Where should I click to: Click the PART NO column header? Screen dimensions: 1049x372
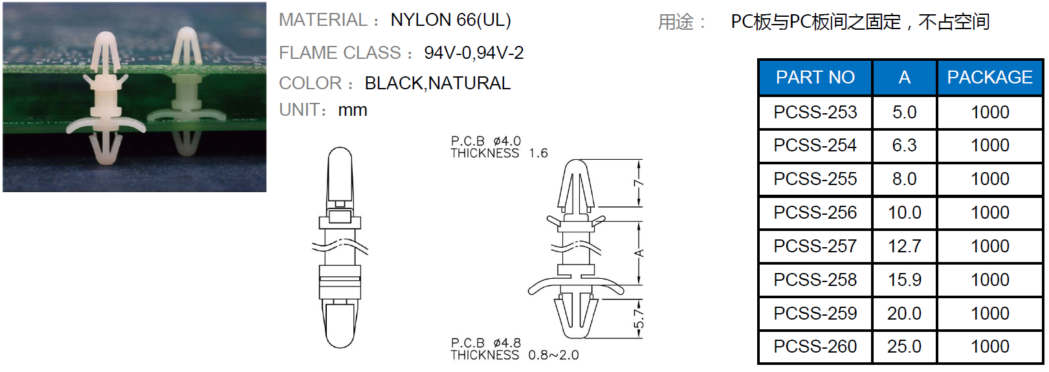[815, 77]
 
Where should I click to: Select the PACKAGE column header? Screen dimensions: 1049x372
[989, 77]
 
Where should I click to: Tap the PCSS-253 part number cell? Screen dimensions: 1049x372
[815, 113]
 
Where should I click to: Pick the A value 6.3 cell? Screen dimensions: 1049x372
[904, 146]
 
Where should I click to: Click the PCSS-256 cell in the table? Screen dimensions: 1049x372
[815, 212]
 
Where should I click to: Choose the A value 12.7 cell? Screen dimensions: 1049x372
[904, 246]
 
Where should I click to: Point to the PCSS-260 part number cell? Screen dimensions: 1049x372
[815, 347]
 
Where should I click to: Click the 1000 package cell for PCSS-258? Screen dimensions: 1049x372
[989, 280]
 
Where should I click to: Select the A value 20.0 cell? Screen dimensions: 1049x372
[904, 314]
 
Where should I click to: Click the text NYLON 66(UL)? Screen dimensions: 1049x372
[450, 20]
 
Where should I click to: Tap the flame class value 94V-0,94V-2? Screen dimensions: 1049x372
[474, 53]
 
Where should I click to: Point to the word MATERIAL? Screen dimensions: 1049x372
[323, 20]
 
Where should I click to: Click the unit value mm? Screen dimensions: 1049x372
[353, 111]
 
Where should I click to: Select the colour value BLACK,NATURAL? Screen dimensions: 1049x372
[437, 83]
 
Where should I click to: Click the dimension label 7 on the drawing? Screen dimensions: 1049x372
[639, 184]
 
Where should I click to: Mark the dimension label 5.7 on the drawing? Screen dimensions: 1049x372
[639, 318]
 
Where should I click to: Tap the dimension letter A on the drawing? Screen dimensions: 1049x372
[639, 253]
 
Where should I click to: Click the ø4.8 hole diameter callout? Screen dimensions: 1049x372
[507, 343]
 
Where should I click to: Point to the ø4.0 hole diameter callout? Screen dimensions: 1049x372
[507, 141]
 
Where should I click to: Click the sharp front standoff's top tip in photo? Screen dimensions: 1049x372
[106, 32]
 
